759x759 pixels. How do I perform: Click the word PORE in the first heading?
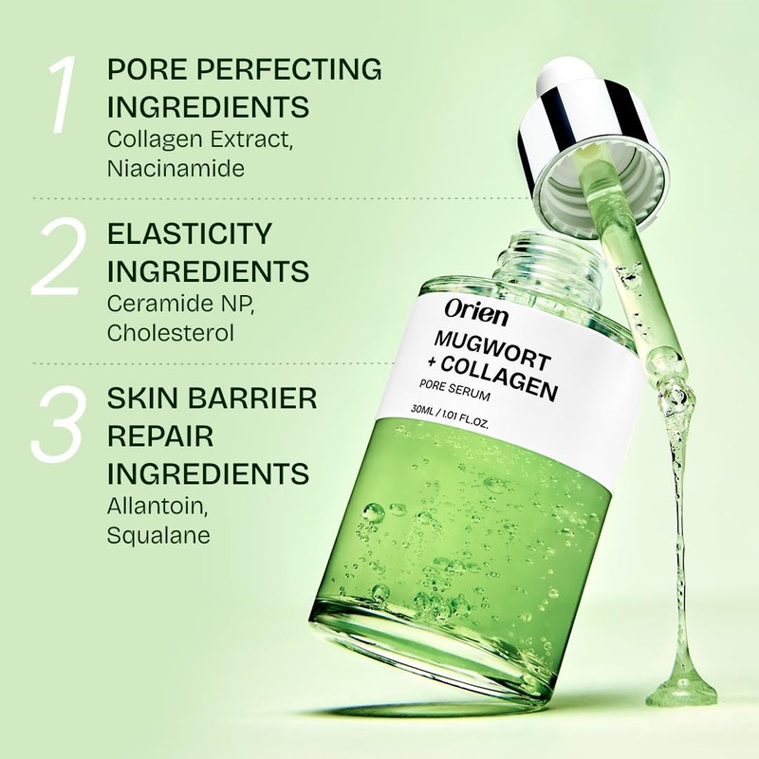tap(144, 69)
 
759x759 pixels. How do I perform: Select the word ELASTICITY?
tap(190, 233)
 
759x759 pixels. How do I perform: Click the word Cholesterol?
tap(170, 333)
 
